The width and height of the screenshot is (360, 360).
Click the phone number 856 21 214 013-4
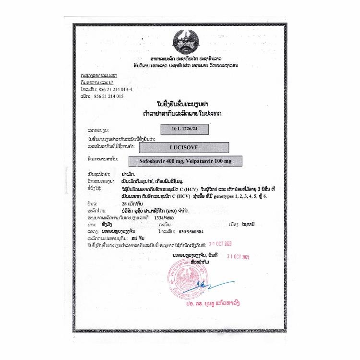(119, 90)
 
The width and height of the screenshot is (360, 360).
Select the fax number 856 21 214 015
(117, 96)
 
